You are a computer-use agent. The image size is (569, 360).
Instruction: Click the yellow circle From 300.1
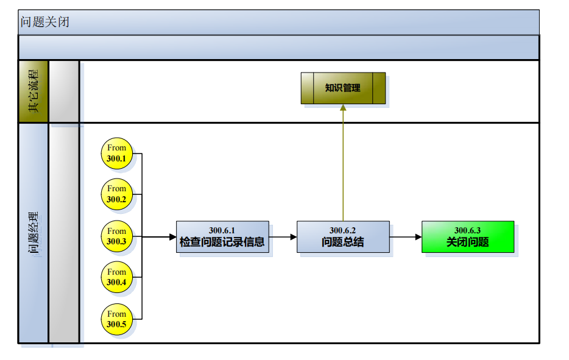coord(116,153)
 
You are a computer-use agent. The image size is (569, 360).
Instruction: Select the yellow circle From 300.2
coord(116,194)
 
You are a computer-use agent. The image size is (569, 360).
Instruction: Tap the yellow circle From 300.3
coord(116,236)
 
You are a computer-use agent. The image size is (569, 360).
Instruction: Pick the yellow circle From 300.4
coord(116,277)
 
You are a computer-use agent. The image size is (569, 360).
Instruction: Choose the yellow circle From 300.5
coord(116,319)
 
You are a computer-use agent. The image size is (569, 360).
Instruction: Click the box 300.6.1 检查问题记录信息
coord(222,236)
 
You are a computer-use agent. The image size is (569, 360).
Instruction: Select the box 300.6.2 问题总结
coord(343,236)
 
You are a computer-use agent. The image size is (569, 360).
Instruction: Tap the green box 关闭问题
coord(468,236)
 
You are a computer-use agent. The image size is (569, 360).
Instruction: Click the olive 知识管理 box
coord(343,88)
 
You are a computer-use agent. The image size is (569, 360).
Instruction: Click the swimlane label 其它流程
coord(34,91)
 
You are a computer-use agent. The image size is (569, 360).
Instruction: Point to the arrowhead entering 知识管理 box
coord(343,108)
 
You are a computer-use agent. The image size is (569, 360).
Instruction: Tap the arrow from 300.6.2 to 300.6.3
coord(405,236)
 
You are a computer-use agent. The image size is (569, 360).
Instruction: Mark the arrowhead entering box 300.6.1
coord(172,236)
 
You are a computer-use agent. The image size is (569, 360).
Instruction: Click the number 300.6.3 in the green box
coord(468,230)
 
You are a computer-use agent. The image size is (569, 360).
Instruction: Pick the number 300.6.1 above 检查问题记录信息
coord(222,230)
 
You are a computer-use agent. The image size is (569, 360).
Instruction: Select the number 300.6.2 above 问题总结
coord(342,230)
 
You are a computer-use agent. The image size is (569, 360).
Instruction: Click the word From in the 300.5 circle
coord(116,314)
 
